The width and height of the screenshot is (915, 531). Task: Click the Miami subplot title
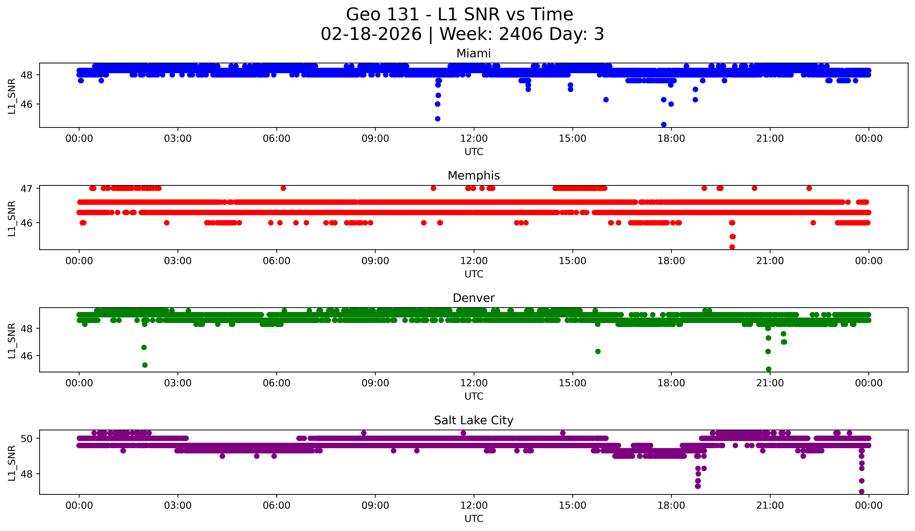474,53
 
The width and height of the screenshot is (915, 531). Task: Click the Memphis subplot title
474,176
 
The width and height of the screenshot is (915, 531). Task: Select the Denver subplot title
474,298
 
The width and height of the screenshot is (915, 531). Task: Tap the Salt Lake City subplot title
474,420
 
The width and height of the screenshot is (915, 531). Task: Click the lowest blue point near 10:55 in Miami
437,119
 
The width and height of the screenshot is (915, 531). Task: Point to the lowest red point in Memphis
732,247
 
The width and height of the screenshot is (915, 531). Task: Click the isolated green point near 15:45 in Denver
598,351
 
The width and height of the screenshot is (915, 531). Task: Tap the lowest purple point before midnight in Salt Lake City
861,491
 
